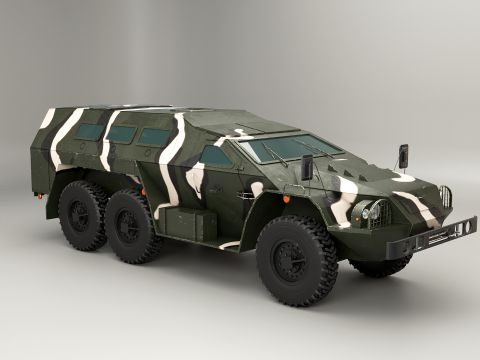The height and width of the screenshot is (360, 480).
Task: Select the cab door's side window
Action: (x=216, y=155)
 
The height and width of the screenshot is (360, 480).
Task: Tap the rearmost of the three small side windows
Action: (x=89, y=131)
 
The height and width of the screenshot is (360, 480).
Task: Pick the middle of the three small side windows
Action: (x=122, y=134)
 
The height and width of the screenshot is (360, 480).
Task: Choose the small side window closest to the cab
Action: (x=154, y=137)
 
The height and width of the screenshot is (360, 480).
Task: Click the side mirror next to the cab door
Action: (x=307, y=167)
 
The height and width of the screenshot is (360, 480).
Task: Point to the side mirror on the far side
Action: (x=403, y=156)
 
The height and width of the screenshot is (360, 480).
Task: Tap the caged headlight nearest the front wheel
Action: (x=375, y=212)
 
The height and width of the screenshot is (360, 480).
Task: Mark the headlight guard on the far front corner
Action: (x=446, y=197)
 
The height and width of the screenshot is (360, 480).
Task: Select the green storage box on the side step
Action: (x=191, y=225)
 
